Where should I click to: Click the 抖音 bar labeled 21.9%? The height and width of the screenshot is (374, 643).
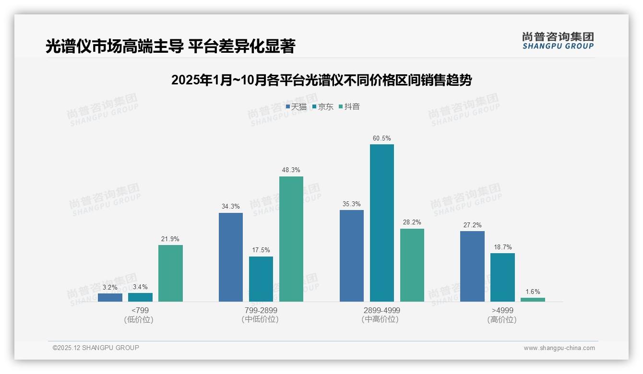(x=170, y=273)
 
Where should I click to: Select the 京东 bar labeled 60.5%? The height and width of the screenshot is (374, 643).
(x=381, y=223)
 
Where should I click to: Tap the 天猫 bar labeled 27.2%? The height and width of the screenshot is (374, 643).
(x=472, y=266)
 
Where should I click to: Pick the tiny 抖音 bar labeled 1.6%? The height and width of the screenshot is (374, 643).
(x=533, y=300)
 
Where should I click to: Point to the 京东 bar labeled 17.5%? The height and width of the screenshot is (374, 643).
(x=261, y=279)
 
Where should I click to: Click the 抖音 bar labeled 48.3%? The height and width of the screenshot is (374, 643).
(x=291, y=239)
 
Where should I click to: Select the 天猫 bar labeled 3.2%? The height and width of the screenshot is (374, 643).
(x=110, y=297)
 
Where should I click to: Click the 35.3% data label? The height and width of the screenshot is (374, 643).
(x=352, y=204)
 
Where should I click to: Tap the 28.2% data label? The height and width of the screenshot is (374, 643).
(x=412, y=222)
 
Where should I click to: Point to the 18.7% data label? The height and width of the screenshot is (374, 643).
(x=502, y=247)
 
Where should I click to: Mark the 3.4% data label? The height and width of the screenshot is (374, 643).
(x=140, y=287)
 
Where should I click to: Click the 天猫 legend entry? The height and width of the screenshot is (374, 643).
(x=296, y=106)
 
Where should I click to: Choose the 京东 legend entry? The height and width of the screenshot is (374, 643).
(x=322, y=106)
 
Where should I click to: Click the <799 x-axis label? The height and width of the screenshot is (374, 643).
(x=140, y=310)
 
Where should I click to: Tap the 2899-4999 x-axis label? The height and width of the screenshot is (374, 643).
(x=381, y=310)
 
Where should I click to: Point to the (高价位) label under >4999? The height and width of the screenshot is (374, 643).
(x=502, y=320)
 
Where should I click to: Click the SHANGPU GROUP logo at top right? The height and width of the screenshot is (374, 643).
(x=558, y=40)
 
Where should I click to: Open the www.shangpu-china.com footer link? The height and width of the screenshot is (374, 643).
(x=559, y=348)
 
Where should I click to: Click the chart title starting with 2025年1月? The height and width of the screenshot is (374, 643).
(x=321, y=80)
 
